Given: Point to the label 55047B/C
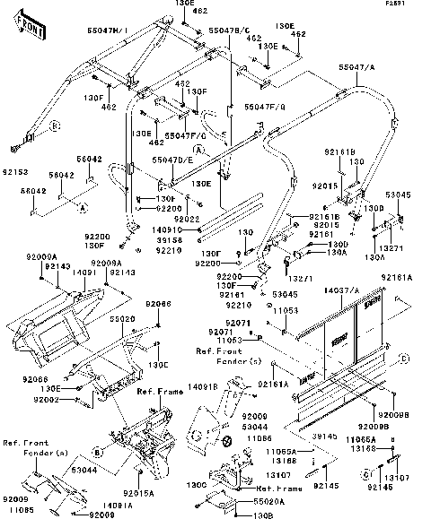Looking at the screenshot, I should [x=227, y=30].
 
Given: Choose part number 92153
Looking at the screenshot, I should [x=15, y=168].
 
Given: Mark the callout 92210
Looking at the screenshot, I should [x=169, y=251].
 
